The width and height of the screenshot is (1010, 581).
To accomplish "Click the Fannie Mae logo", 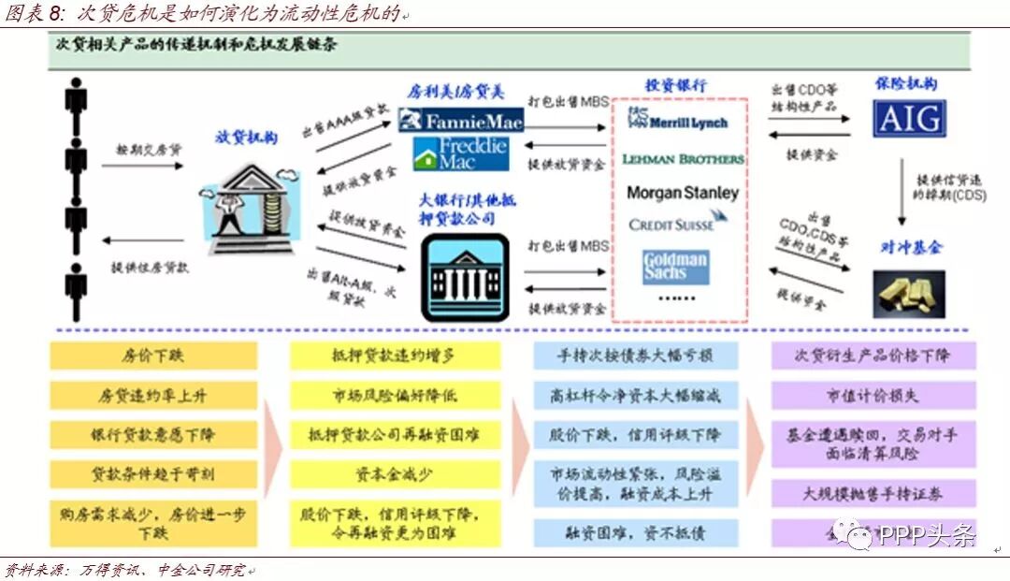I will (460, 121).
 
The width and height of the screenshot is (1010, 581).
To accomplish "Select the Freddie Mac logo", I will (461, 153).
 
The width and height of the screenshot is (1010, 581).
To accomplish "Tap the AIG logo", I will (908, 119).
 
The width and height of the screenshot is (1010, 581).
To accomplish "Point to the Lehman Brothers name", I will (683, 159).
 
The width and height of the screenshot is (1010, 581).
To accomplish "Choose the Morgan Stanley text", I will (682, 193).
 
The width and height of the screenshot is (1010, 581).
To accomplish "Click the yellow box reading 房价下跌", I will (154, 356).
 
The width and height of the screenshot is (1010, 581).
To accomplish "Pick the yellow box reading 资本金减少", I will (395, 474).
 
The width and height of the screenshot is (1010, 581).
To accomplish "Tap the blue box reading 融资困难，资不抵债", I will (635, 533).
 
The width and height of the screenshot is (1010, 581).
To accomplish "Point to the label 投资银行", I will (676, 85).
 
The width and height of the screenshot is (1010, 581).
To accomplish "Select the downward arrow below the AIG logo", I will (902, 191).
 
